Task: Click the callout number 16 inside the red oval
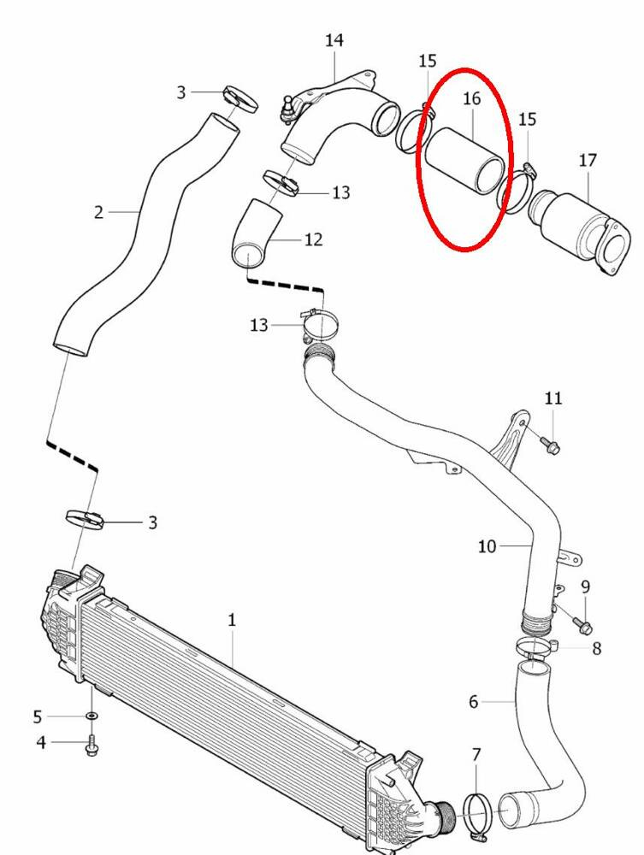coord(472,98)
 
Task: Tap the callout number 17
coord(588,160)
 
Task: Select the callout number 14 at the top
coord(334,40)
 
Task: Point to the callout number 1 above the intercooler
coord(232,620)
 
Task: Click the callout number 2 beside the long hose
coord(98,211)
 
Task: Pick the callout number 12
coord(313,239)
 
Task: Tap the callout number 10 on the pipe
coord(487,545)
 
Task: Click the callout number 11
coord(553,398)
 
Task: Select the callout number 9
coord(586,587)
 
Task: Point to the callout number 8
coord(596,649)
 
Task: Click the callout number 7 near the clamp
coord(476,755)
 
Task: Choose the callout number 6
coord(473,702)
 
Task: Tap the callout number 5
coord(38,716)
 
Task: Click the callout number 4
coord(41,742)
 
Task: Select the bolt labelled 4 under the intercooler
coord(92,747)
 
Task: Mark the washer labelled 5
coord(92,715)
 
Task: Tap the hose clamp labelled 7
coord(477,809)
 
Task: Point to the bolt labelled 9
coord(585,628)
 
